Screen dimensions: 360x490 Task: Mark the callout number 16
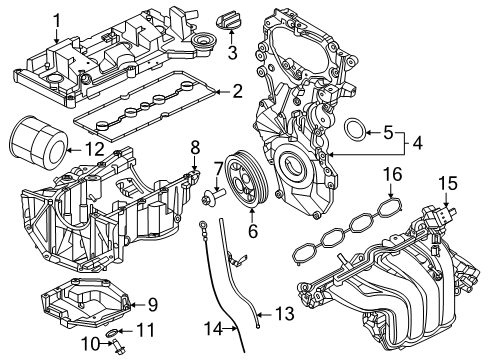pos(392,175)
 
